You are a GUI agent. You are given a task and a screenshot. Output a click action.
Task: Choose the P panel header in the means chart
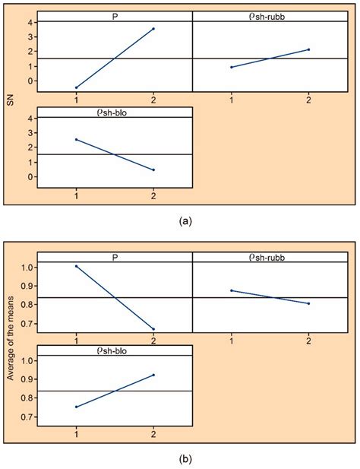[115, 257]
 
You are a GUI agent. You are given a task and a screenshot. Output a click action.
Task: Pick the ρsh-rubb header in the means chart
[270, 257]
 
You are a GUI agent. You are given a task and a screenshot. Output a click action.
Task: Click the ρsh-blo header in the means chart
[115, 350]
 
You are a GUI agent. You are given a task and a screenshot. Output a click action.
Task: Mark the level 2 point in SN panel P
[154, 29]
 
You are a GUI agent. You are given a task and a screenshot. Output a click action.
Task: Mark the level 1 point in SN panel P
[76, 87]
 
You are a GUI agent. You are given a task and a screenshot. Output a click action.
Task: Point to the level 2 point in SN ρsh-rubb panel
[309, 49]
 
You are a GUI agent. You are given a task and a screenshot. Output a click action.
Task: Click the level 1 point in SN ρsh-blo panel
[76, 139]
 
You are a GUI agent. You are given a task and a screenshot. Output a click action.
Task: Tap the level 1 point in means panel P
[76, 266]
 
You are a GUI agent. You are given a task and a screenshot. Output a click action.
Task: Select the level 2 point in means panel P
[154, 329]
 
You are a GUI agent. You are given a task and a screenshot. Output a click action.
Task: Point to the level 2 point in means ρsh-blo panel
[154, 375]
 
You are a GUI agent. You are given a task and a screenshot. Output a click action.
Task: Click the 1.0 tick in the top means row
[26, 267]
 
